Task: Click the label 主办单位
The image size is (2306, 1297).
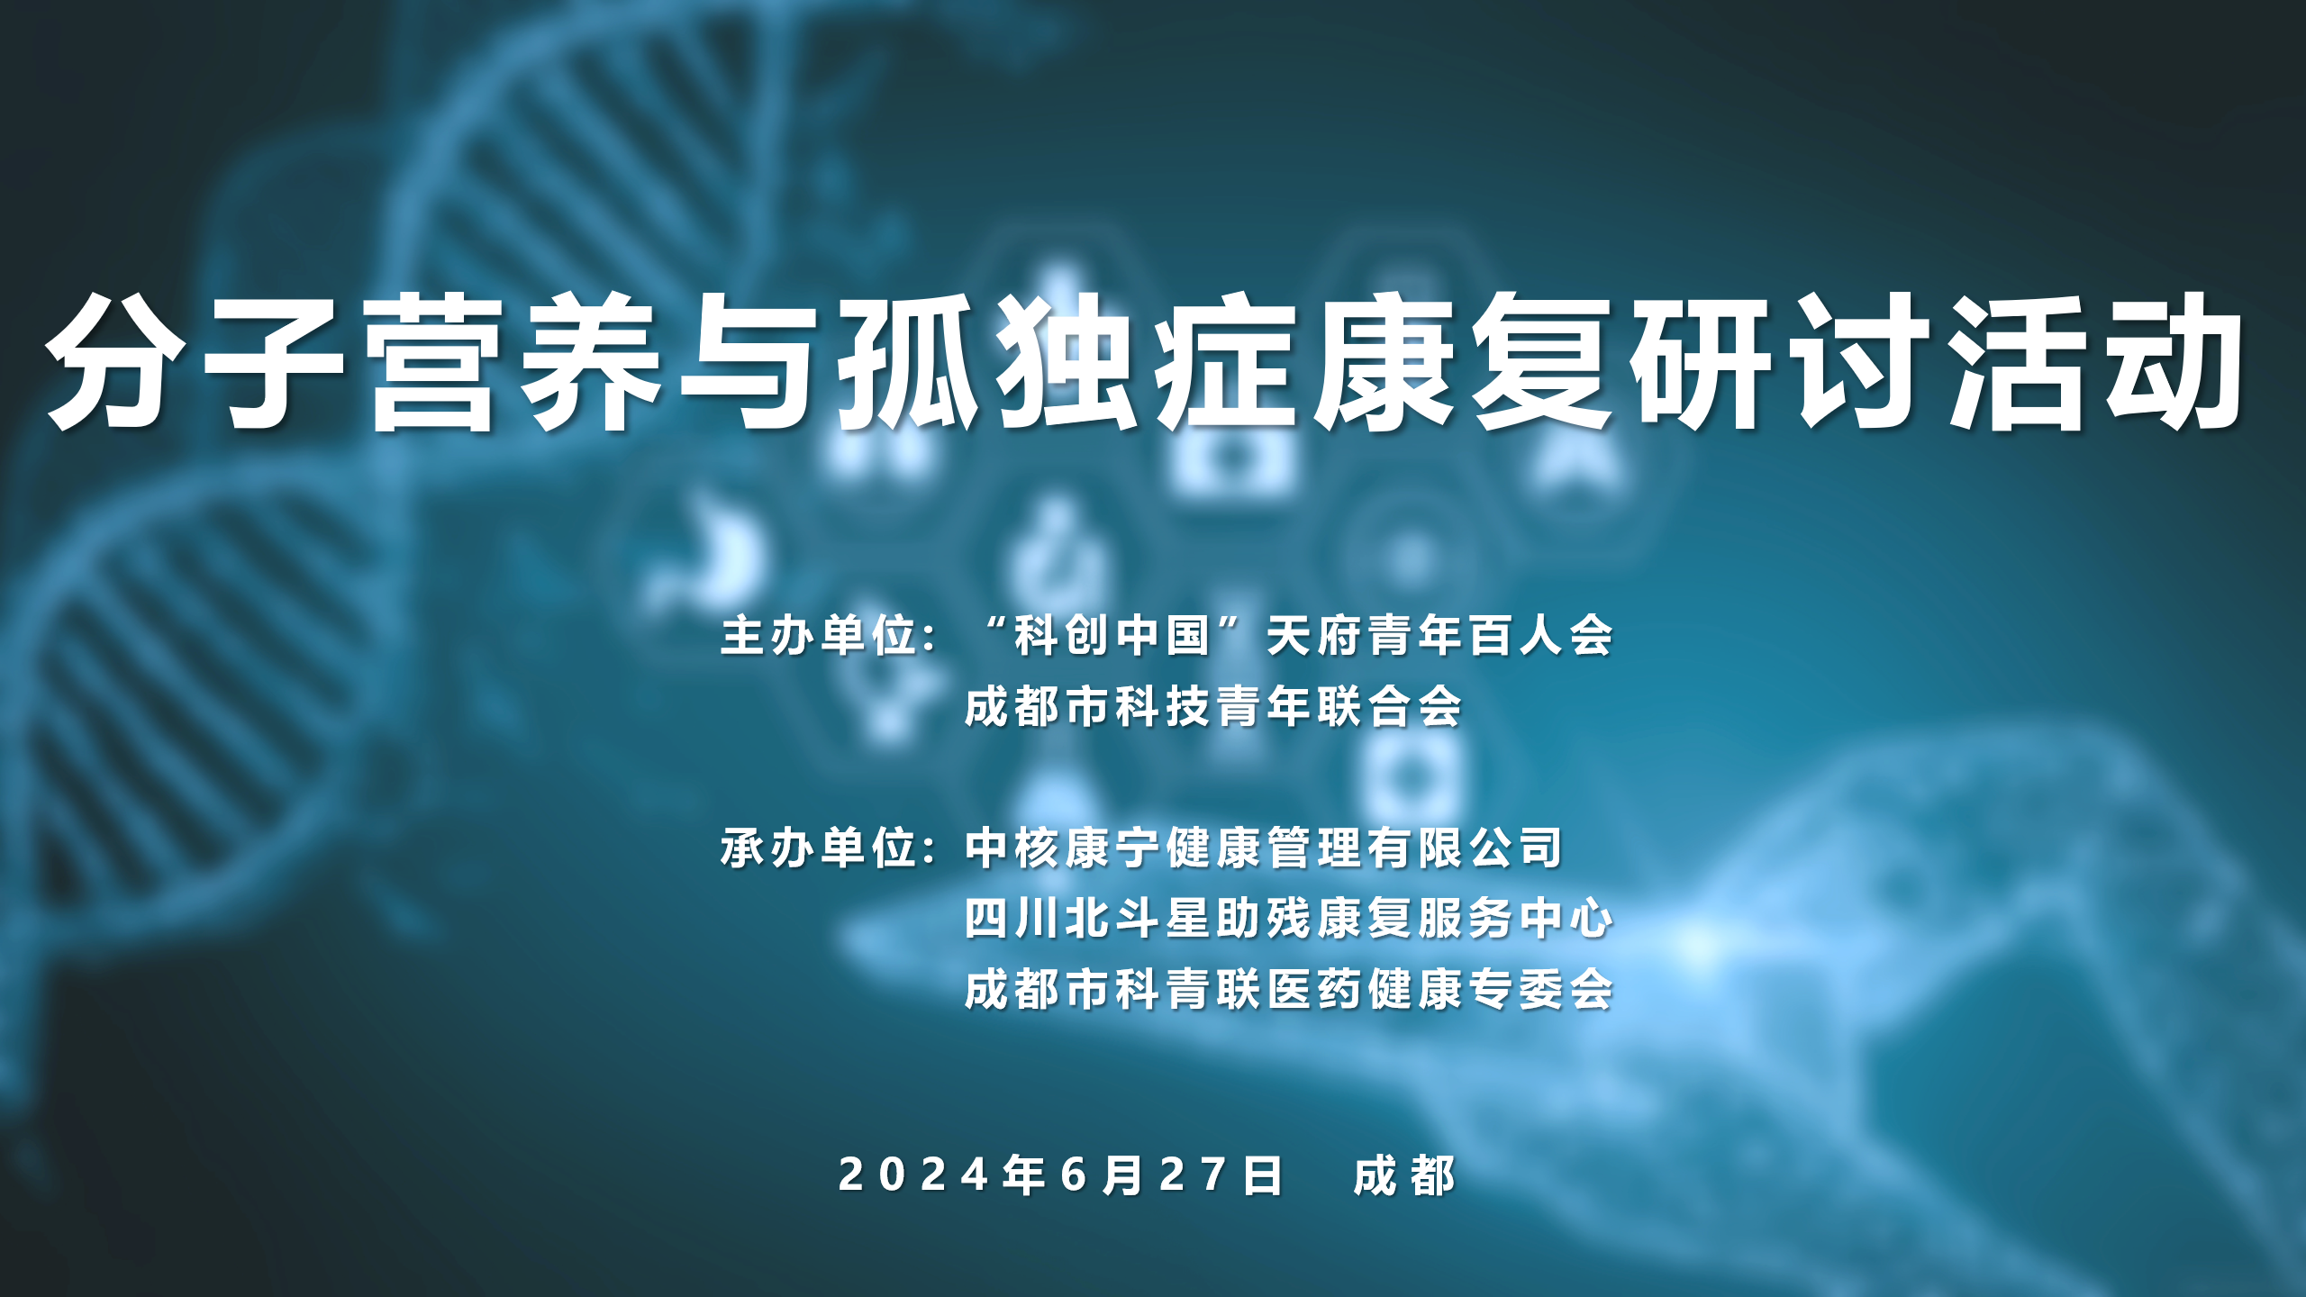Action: click(818, 636)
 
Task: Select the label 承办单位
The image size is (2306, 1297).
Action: click(818, 848)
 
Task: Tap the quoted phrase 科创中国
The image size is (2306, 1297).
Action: click(1112, 636)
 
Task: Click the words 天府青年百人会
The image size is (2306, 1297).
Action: click(1439, 636)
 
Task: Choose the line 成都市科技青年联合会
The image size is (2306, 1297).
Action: click(1212, 706)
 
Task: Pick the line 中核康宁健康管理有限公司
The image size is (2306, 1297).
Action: click(1263, 848)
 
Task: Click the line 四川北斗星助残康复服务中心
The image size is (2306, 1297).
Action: click(1288, 919)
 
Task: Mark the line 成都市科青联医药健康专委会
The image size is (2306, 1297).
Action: click(1288, 989)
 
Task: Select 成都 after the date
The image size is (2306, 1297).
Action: click(1403, 1175)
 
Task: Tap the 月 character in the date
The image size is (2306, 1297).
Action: click(1123, 1175)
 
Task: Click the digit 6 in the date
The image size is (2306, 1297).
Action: click(1075, 1175)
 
